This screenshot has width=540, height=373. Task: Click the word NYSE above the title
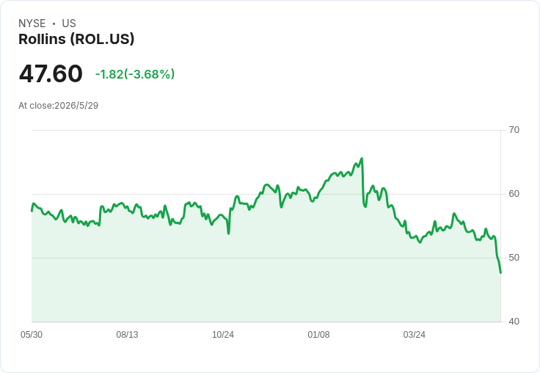click(32, 23)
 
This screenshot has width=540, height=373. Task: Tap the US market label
click(69, 23)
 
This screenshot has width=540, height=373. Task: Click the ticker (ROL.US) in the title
click(102, 39)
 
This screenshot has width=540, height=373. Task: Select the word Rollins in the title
click(42, 39)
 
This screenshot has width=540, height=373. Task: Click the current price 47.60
click(51, 73)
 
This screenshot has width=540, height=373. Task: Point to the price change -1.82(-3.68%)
click(135, 74)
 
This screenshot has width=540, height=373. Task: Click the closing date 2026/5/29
click(76, 106)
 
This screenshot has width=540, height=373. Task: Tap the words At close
click(35, 106)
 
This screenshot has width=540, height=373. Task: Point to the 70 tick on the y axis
click(514, 130)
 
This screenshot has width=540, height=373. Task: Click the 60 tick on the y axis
click(514, 194)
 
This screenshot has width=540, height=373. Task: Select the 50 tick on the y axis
click(514, 258)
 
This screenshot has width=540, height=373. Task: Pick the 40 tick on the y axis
click(514, 322)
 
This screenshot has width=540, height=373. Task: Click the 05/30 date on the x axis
click(32, 335)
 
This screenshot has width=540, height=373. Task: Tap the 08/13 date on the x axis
click(127, 335)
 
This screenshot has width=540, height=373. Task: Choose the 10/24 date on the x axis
click(223, 335)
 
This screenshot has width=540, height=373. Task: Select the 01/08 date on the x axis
click(318, 335)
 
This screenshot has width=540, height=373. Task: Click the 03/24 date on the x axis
click(415, 335)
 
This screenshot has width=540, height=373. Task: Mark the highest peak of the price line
click(362, 159)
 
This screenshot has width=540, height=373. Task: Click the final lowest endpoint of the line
click(500, 273)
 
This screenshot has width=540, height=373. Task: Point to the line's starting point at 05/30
click(32, 211)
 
